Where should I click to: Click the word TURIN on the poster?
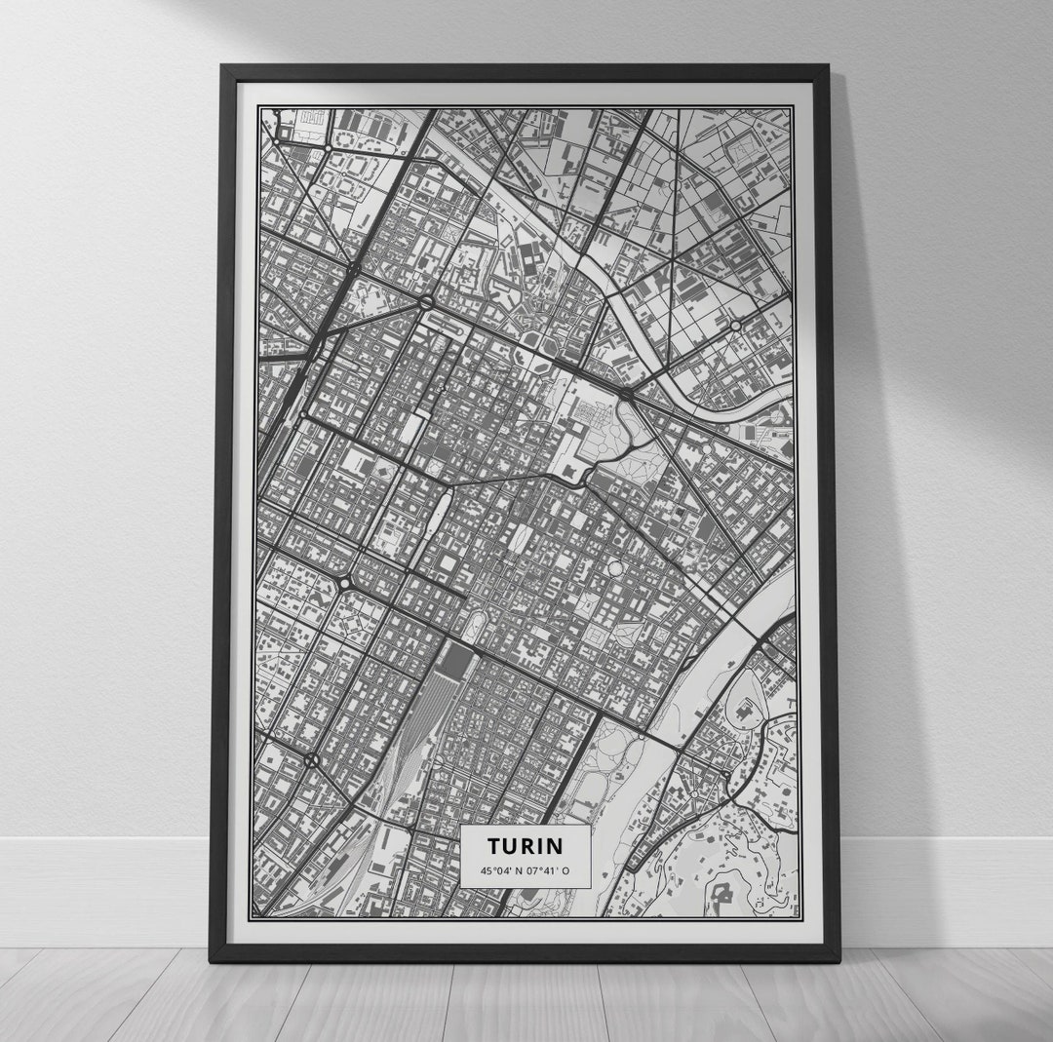click(526, 844)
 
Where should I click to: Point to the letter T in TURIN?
click(493, 844)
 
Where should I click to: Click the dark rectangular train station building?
click(454, 663)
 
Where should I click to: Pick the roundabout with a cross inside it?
click(311, 759)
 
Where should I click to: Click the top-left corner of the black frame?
click(223, 67)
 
